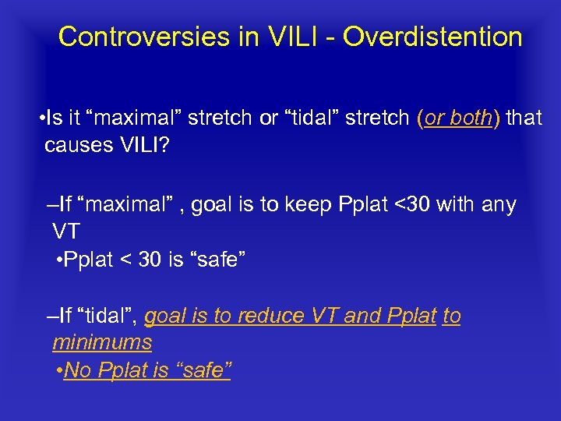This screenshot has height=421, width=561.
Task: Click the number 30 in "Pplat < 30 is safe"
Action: coord(149,260)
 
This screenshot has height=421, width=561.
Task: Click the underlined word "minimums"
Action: coord(102,342)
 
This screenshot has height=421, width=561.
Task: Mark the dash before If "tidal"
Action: coord(51,316)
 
